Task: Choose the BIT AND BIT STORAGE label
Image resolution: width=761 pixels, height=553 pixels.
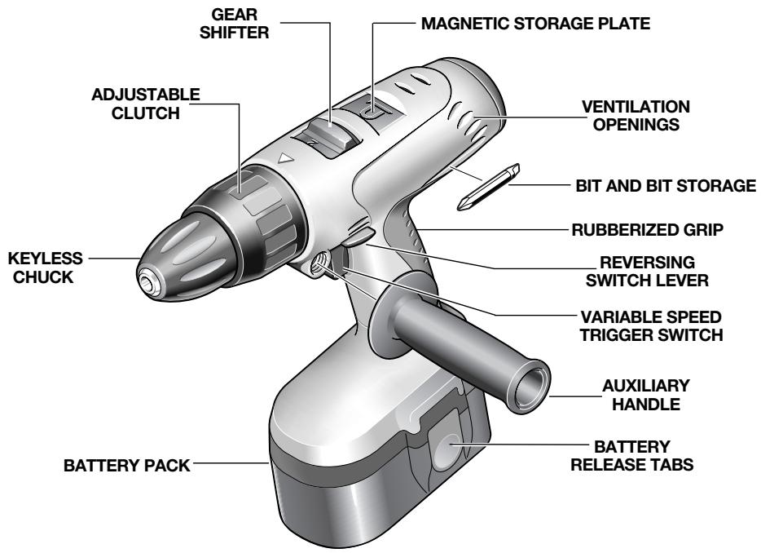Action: coord(660,187)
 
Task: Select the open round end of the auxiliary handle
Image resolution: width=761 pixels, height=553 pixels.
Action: coord(532,383)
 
